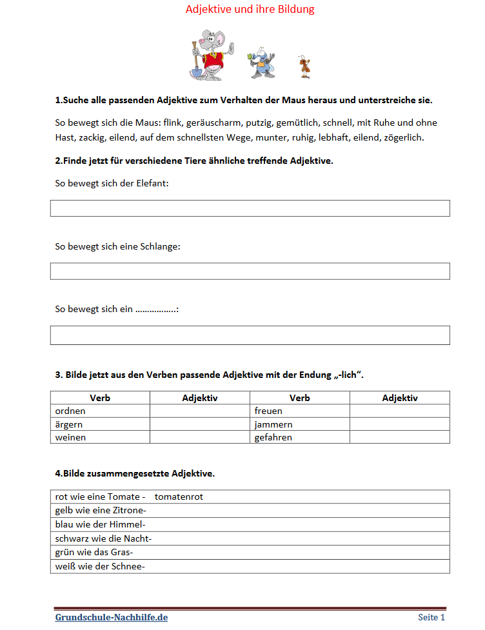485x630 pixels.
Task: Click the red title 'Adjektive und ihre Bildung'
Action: [x=250, y=10]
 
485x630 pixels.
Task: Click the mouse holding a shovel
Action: [x=210, y=54]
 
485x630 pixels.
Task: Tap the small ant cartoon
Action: [x=304, y=66]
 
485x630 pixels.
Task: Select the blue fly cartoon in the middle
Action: [x=260, y=62]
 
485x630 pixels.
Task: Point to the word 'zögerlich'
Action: [x=404, y=137]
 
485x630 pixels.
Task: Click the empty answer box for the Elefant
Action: [x=250, y=208]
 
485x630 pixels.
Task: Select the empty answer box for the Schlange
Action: [x=250, y=271]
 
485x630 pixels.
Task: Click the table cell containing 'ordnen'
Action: [x=100, y=411]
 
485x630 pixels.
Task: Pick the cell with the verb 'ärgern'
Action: [x=100, y=424]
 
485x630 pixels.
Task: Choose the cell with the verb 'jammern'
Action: [x=299, y=424]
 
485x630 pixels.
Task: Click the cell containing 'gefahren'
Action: [x=299, y=437]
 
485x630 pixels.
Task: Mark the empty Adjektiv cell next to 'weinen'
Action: [x=200, y=437]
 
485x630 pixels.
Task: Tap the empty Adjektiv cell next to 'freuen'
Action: [x=399, y=411]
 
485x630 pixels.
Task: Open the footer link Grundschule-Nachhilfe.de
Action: [x=112, y=617]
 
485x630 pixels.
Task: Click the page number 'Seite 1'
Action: [x=431, y=617]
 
